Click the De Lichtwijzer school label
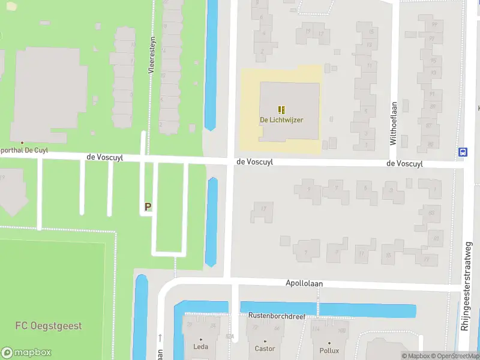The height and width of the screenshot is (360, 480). pos(281,120)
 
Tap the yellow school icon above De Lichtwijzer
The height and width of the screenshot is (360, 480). pos(281,110)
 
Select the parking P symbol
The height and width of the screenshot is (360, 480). pos(148,206)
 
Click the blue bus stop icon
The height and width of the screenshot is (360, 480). pos(463,152)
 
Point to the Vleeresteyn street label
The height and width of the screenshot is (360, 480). pos(152,55)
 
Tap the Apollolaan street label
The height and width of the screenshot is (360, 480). pos(304,282)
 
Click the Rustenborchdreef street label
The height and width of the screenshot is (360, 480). pos(281,316)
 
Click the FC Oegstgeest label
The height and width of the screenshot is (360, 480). pos(49,326)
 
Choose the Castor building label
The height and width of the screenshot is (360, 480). pos(265,349)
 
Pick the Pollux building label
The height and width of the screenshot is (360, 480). pos(329,350)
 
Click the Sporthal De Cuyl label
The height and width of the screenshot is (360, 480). pos(24,150)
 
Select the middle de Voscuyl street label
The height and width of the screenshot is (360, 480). pos(254,161)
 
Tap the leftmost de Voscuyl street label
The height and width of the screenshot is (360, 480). pos(104,157)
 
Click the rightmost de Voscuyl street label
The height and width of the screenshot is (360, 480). pos(404,163)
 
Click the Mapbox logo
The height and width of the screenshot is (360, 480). pos(26,353)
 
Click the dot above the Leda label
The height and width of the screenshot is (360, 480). pos(200,340)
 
